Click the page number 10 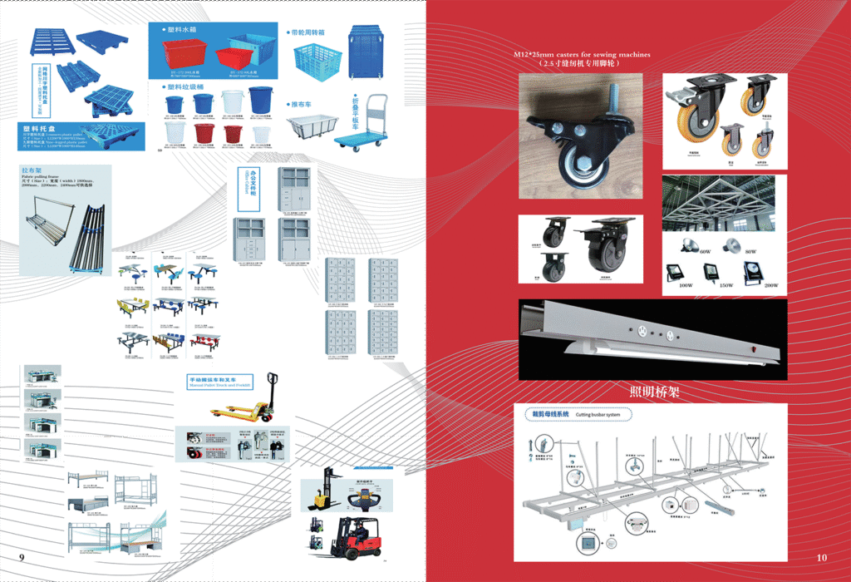[822, 557]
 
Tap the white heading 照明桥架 [654, 392]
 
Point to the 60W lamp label [705, 251]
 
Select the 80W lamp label [751, 251]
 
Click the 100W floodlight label [685, 285]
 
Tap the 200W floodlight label [770, 285]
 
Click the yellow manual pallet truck [241, 407]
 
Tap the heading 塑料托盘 [40, 130]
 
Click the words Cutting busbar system [598, 414]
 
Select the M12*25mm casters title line [582, 54]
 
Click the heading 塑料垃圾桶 [188, 86]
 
